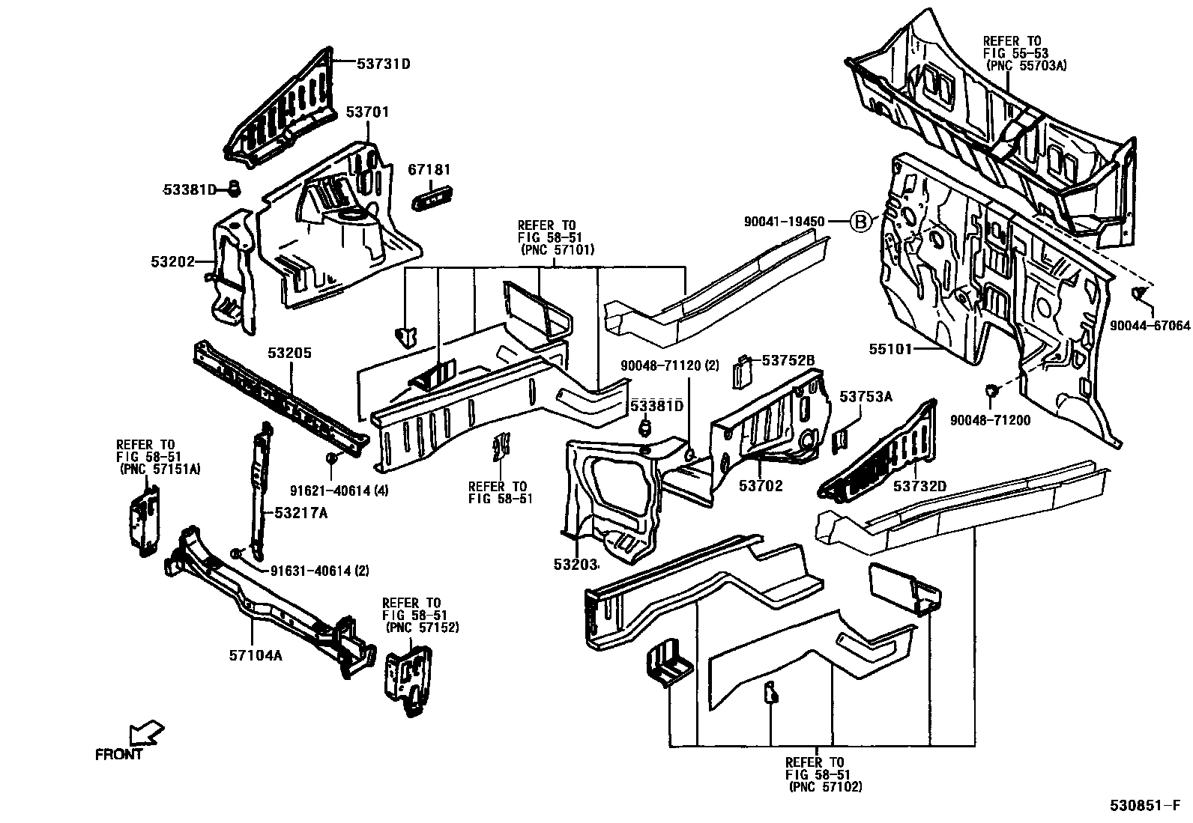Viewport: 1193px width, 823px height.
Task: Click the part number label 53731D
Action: coord(383,64)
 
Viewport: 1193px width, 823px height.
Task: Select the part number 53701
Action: coord(367,112)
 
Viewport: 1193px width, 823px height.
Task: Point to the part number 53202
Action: coord(172,262)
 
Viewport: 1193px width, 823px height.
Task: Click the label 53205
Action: coord(290,353)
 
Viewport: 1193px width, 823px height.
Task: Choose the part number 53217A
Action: coord(301,513)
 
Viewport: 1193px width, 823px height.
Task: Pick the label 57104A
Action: coord(256,655)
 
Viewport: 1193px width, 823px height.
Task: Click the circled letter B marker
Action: coord(862,222)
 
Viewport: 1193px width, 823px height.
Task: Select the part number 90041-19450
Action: coord(784,222)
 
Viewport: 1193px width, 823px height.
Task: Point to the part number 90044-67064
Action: coord(1150,326)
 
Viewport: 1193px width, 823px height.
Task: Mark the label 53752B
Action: coord(788,360)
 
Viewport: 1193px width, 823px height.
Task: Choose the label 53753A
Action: coord(866,397)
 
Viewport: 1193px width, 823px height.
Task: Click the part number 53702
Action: coord(761,486)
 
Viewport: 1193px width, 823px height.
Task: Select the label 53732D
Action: coord(919,486)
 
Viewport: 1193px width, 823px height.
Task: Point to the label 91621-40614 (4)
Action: coord(339,491)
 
